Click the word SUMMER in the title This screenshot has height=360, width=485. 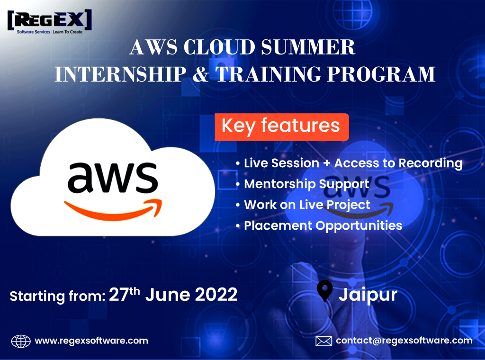[x=308, y=47]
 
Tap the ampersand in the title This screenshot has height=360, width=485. [x=201, y=74]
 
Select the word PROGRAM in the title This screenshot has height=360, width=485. [x=381, y=74]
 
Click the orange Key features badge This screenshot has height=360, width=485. [x=282, y=127]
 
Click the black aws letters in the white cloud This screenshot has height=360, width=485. [x=113, y=177]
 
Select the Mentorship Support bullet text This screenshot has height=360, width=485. [x=306, y=184]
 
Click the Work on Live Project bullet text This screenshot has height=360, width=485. [x=307, y=205]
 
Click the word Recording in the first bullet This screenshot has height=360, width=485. [x=430, y=163]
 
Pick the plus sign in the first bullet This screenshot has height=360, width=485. [x=327, y=163]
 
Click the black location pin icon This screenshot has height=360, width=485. [x=325, y=291]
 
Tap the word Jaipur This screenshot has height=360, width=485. [x=368, y=295]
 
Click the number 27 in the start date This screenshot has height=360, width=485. [x=118, y=295]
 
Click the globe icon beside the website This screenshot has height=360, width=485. [x=21, y=341]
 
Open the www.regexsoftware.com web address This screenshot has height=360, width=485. [x=91, y=341]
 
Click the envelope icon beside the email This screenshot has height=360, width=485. [x=323, y=341]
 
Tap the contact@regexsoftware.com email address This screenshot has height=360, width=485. [x=404, y=341]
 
